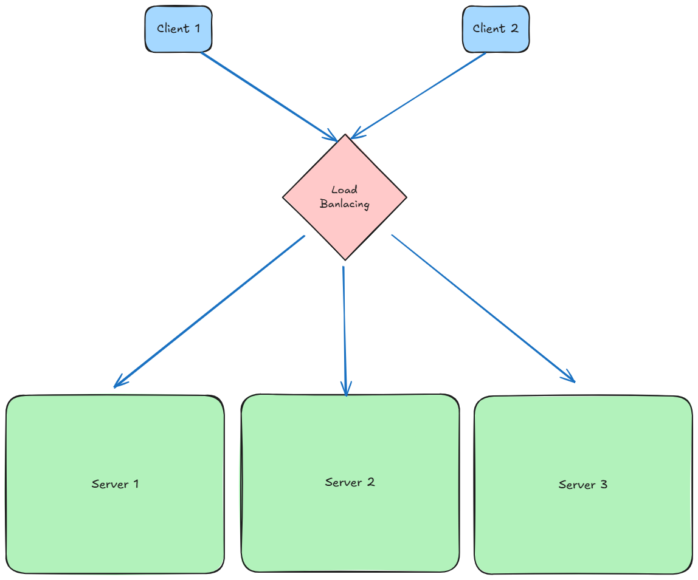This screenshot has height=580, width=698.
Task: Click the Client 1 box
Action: [x=178, y=29]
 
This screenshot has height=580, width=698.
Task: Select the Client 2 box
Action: [x=496, y=29]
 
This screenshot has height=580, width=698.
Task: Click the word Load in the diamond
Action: [x=344, y=190]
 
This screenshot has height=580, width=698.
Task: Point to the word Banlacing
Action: [x=345, y=204]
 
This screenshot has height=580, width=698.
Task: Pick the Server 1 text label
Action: [x=115, y=484]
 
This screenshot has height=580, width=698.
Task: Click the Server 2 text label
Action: [x=350, y=482]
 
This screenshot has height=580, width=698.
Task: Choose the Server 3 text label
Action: [x=582, y=485]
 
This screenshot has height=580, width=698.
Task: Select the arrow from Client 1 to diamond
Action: [x=268, y=95]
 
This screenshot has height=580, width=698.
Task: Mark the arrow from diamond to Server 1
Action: [x=210, y=311]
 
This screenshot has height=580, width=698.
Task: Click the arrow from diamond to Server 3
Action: [x=483, y=309]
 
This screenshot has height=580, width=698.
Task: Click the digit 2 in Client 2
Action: [x=514, y=29]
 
